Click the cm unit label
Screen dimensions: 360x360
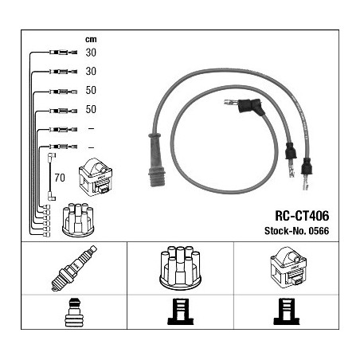[91, 40]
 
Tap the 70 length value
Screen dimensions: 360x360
[60, 178]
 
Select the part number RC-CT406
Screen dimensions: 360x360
[302, 216]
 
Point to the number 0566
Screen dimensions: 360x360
[319, 231]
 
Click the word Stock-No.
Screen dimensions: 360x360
[285, 231]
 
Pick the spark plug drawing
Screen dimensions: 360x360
[74, 268]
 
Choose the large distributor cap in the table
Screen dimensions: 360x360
[180, 268]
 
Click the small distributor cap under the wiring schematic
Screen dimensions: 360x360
[78, 220]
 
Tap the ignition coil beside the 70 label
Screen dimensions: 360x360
[96, 177]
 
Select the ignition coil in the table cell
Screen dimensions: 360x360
[288, 267]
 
